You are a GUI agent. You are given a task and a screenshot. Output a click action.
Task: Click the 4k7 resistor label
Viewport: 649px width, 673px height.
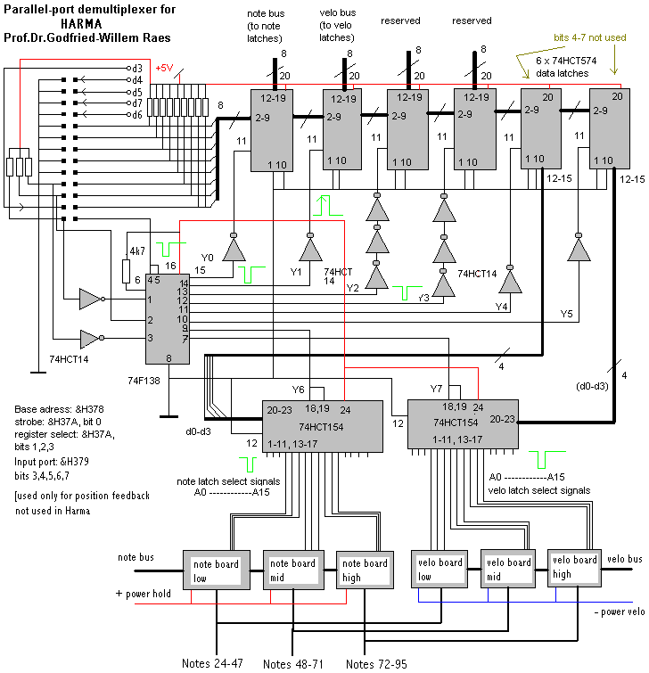click(136, 250)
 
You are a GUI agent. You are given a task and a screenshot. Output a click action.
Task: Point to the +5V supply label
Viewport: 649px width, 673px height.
click(166, 69)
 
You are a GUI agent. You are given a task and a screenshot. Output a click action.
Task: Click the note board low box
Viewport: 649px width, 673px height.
click(217, 570)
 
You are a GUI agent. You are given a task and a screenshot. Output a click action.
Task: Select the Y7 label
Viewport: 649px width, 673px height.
click(435, 389)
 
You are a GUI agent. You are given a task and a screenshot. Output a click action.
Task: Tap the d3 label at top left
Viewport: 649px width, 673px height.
click(136, 68)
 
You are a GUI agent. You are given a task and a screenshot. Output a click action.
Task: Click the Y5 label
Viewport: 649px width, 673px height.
click(567, 313)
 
